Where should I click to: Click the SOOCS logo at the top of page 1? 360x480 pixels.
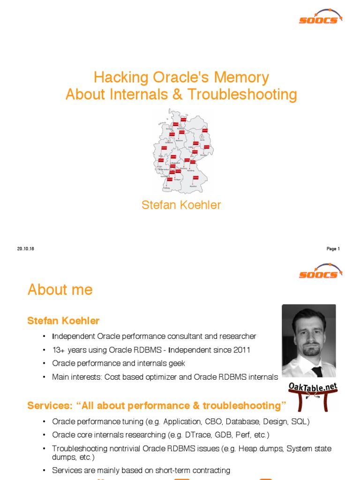click(321, 16)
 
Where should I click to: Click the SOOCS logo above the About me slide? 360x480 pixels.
click(321, 271)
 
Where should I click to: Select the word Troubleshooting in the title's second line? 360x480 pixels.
click(242, 95)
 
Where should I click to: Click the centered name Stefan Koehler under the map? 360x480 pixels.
click(181, 205)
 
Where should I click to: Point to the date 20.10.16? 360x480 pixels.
click(26, 249)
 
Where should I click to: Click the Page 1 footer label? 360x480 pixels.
click(333, 249)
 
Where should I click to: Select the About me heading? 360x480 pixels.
click(60, 290)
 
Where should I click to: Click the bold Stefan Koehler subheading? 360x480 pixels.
click(63, 321)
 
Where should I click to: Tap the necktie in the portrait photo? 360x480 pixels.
click(317, 371)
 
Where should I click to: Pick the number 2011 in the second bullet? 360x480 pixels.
click(241, 350)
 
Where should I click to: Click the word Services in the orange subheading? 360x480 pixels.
click(48, 405)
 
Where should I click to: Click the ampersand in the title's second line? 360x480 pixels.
click(178, 95)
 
